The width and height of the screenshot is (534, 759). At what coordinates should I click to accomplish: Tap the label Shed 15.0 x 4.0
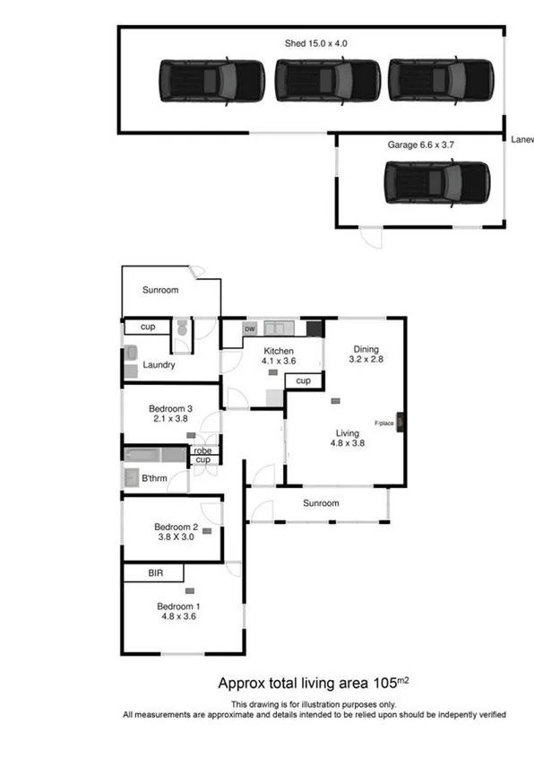pos(316,41)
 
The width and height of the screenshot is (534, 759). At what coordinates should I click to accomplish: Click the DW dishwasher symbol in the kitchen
pos(249,329)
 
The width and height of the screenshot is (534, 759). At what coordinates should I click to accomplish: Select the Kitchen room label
pos(278,350)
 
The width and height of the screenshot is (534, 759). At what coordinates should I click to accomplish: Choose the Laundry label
pos(159,365)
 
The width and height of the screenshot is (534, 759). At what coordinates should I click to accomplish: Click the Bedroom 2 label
pos(176,532)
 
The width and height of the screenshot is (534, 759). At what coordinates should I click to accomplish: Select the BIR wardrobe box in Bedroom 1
pos(153,572)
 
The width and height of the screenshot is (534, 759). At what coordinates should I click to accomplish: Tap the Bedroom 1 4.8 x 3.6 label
pos(178,609)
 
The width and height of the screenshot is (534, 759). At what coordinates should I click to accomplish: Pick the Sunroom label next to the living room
pos(320,503)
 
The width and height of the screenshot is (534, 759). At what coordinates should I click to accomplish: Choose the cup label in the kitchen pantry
pos(303,381)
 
